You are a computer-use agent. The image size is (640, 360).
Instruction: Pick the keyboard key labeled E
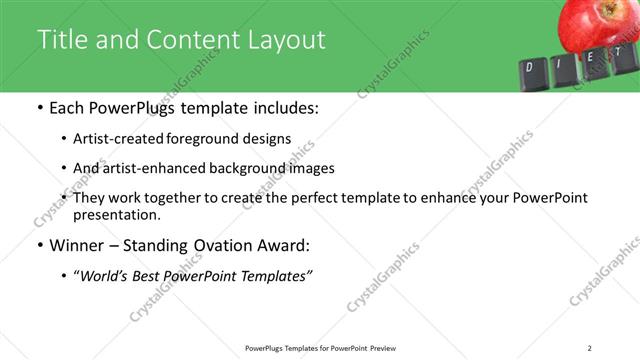(590, 60)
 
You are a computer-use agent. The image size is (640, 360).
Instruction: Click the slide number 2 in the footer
(590, 347)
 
